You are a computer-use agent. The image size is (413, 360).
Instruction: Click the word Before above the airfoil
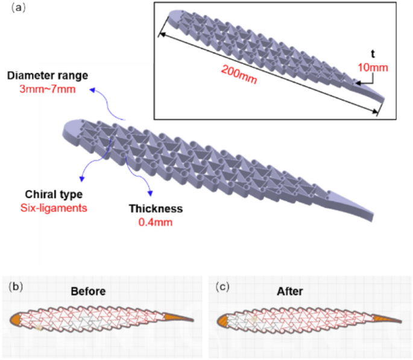[88, 291]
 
